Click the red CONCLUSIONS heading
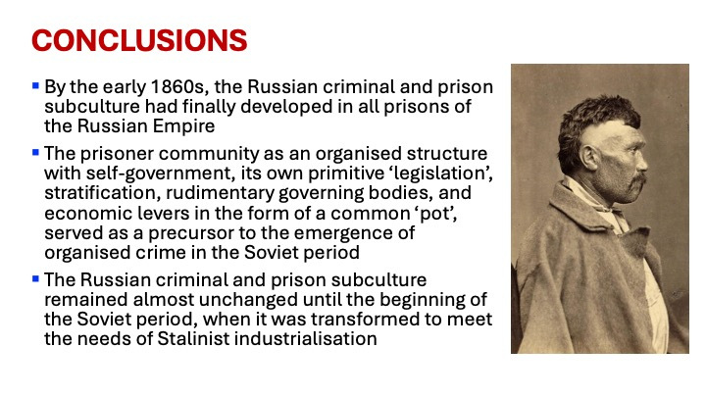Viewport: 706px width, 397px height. click(139, 40)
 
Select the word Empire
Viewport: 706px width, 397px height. click(183, 126)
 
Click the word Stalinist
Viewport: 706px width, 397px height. click(193, 338)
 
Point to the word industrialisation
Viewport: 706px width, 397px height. click(306, 338)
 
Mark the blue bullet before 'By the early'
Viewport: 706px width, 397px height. click(35, 85)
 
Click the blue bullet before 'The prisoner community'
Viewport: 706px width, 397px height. click(35, 152)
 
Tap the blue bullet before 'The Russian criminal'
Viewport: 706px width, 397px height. click(35, 278)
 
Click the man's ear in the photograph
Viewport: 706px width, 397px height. click(589, 157)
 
